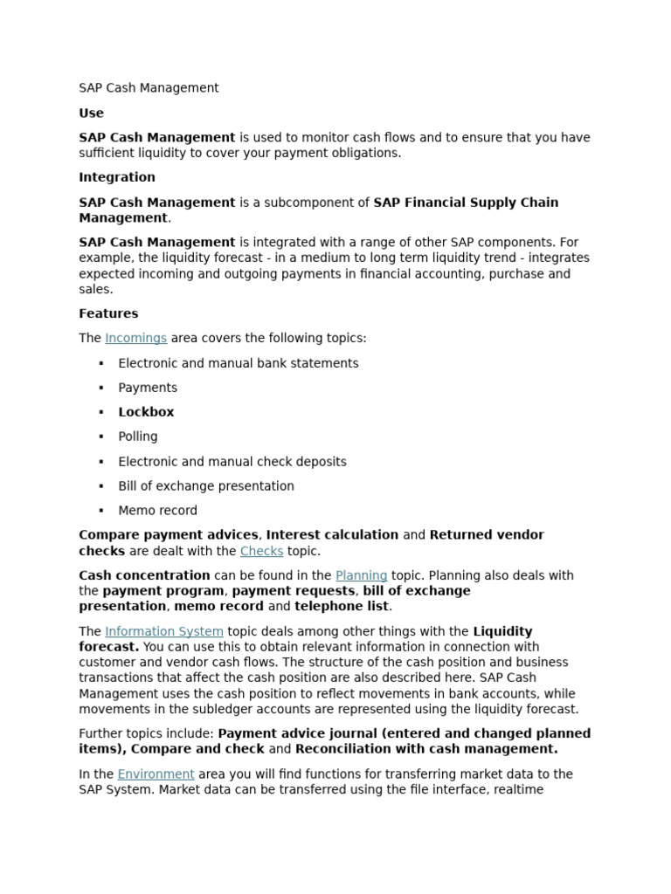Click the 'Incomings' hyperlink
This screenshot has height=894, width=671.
[x=135, y=338]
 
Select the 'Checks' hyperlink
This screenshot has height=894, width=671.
[x=261, y=551]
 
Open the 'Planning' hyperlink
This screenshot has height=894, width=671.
[x=361, y=575]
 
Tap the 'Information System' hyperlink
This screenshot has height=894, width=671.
[x=163, y=631]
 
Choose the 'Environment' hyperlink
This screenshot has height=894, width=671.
[x=156, y=774]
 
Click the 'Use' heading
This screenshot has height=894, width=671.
[x=91, y=113]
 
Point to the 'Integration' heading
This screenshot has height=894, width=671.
[x=117, y=177]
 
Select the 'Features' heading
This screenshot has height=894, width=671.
[x=108, y=313]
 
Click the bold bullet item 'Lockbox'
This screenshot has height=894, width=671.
[x=146, y=412]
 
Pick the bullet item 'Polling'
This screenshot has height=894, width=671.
[x=138, y=437]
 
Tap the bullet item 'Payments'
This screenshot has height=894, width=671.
[x=148, y=388]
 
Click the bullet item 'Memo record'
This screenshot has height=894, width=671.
[x=157, y=511]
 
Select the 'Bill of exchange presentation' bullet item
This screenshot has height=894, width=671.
[x=206, y=486]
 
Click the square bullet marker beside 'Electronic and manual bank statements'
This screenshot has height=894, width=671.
[x=101, y=363]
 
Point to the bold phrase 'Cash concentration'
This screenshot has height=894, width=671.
[x=144, y=575]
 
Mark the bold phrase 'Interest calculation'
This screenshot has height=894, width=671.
[x=332, y=534]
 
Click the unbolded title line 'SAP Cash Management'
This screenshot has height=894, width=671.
[x=149, y=87]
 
